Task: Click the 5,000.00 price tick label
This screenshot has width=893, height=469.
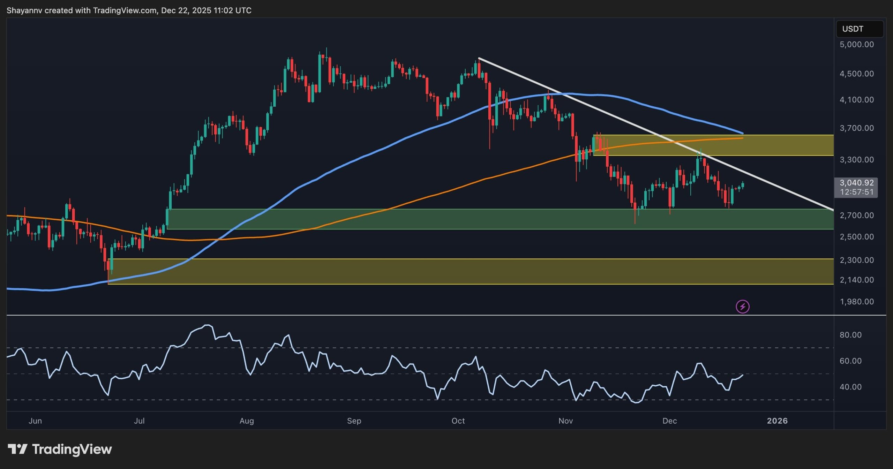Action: coord(856,45)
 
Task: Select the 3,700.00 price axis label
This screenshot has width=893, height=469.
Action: coord(856,128)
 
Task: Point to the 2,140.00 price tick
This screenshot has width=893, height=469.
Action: coord(856,280)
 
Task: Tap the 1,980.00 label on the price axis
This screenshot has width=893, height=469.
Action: coord(856,302)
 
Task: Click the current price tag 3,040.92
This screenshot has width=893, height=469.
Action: coord(856,183)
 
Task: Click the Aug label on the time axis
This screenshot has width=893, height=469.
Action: coord(247,421)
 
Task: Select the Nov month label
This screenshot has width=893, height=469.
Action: coord(565,421)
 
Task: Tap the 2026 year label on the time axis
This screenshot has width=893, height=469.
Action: coord(777,421)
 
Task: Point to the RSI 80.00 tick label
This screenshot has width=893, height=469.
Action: coord(850,335)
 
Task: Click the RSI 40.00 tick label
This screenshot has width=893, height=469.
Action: coord(850,387)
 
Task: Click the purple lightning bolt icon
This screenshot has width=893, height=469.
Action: coord(743,307)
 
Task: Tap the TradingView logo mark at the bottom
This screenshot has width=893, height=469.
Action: coord(17,449)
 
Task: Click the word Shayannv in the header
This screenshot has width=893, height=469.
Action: coord(24,10)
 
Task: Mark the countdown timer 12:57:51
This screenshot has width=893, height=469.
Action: coord(856,192)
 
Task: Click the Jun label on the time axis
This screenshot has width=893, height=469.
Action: coord(35,421)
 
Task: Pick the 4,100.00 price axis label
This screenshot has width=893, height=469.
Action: coord(856,100)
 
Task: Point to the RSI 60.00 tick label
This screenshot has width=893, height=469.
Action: coord(850,361)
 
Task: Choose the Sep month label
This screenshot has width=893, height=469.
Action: coord(354,421)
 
